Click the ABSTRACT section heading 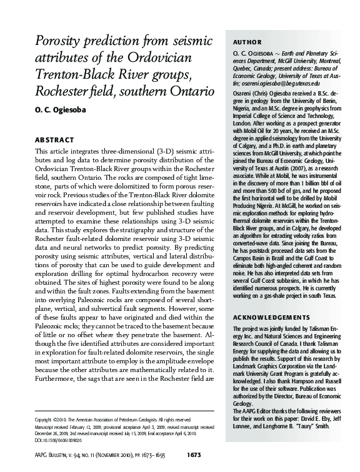click(x=54, y=139)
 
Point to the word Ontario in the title click(x=187, y=98)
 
